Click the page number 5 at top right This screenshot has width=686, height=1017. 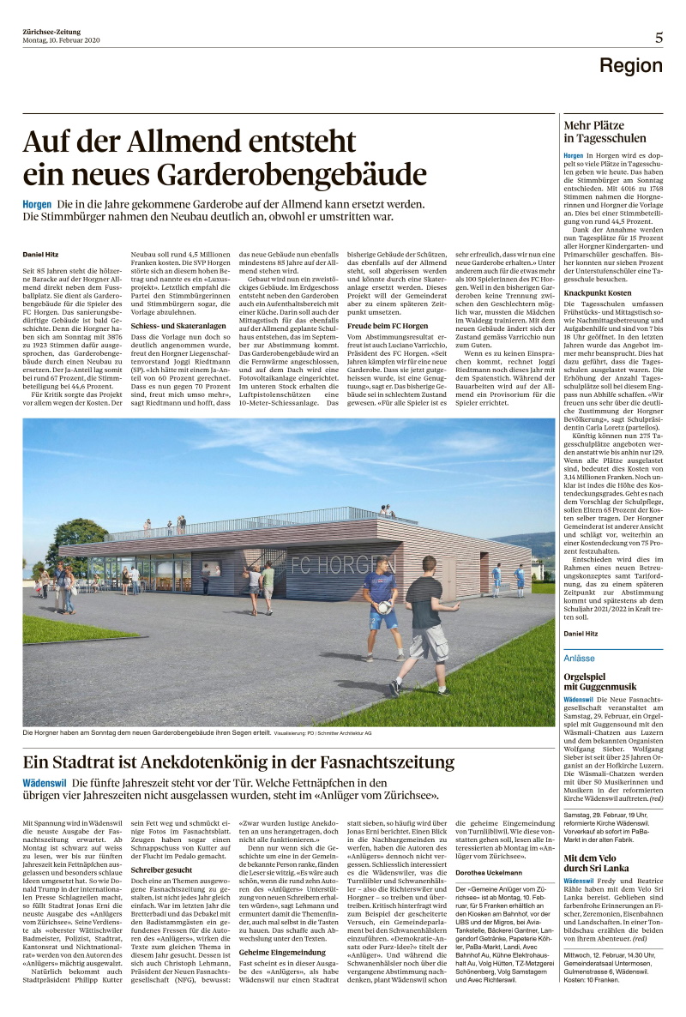coord(659,37)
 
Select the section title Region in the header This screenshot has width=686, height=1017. coord(630,66)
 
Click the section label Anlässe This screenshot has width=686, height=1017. coord(579,658)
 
